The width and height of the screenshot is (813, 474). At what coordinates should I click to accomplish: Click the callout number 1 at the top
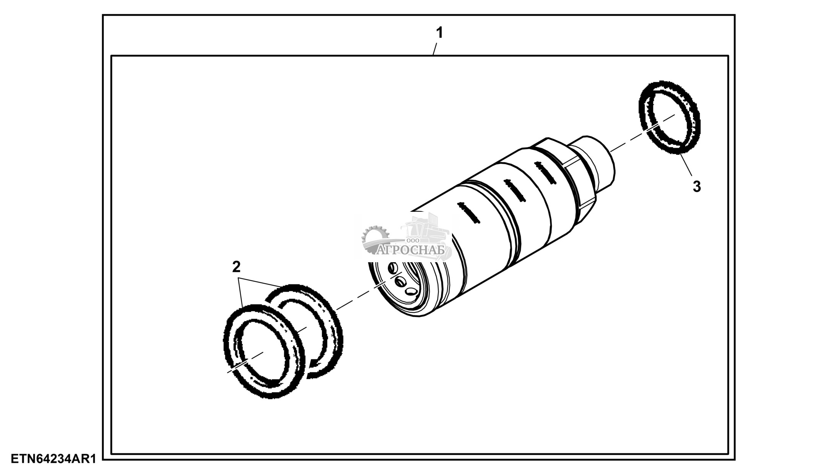(x=440, y=33)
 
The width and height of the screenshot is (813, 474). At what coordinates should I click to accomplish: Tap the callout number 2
(x=236, y=266)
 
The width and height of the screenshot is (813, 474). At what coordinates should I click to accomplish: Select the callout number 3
(x=697, y=187)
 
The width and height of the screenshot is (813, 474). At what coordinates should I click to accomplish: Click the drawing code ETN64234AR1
(x=53, y=459)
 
